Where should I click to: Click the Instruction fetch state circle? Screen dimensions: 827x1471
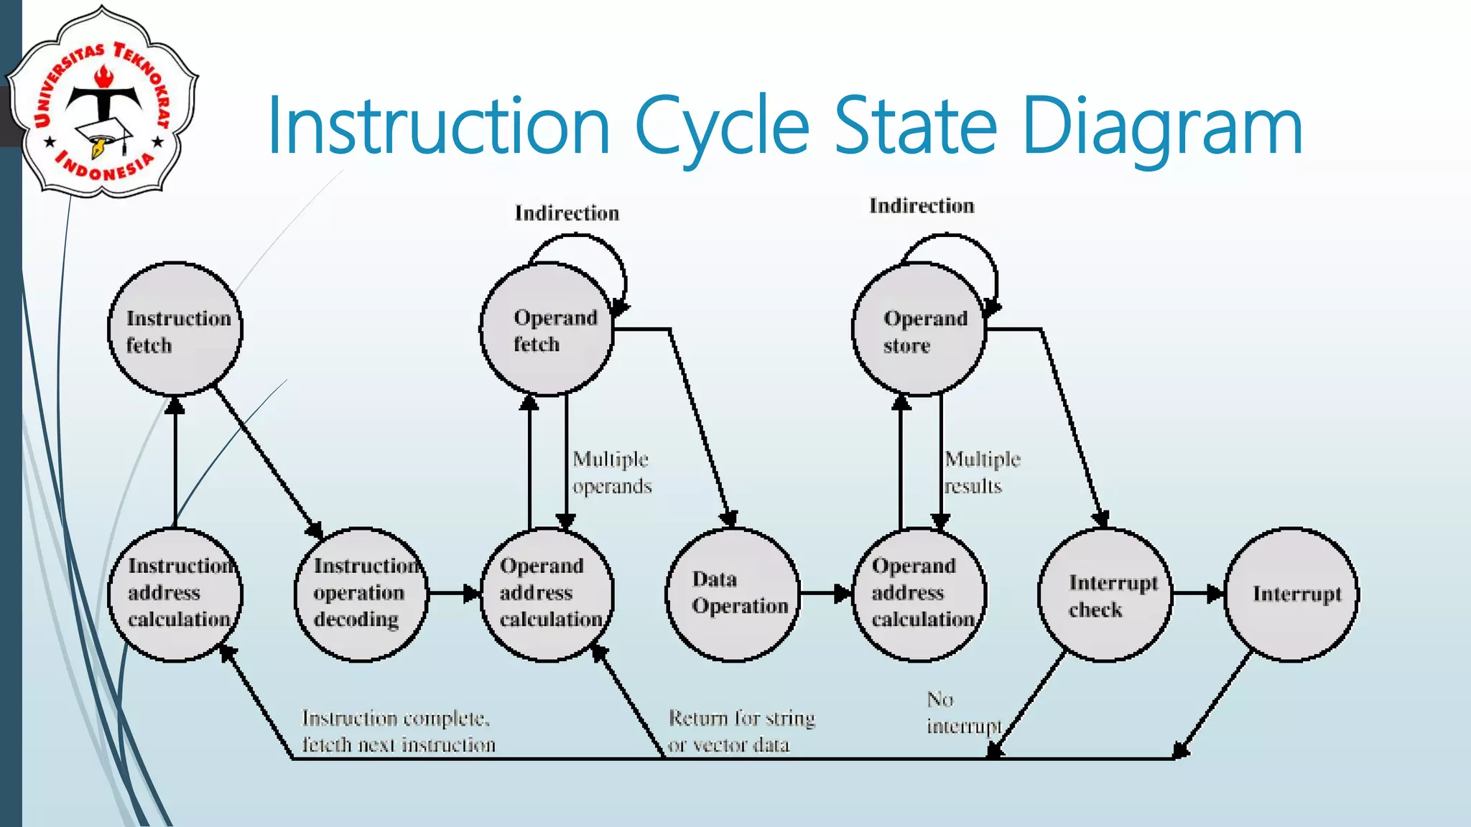point(175,330)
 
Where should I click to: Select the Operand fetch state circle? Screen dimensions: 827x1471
point(547,330)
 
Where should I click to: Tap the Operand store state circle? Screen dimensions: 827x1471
point(919,330)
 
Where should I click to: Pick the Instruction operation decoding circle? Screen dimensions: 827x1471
point(361,594)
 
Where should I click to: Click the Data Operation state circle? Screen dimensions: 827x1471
point(733,594)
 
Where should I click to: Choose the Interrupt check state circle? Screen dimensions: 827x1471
point(1105,594)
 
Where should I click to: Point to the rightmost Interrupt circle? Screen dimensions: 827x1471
point(1291,594)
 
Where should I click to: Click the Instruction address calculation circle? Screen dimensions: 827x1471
point(175,594)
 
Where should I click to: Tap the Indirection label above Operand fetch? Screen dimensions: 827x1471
point(567,213)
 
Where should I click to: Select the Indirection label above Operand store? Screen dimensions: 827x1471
point(922,206)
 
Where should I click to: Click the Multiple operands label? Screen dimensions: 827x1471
point(612,472)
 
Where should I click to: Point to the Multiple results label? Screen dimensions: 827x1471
point(982,472)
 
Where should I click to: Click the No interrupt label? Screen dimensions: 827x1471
point(962,713)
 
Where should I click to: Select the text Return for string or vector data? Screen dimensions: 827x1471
point(741,732)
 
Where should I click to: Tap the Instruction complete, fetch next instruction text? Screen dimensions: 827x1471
point(398,732)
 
